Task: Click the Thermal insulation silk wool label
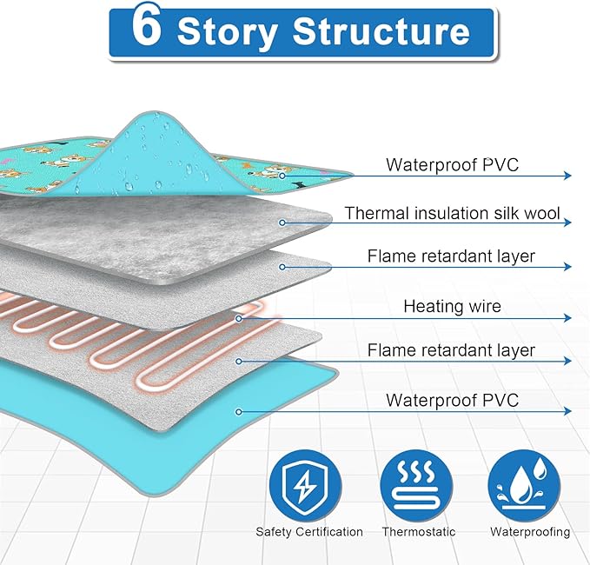[452, 213]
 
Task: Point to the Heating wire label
[452, 306]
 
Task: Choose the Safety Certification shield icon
[309, 486]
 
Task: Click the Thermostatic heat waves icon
[419, 486]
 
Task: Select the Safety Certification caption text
[309, 531]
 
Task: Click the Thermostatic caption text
[419, 531]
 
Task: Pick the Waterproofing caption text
[530, 531]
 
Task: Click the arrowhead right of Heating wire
[567, 318]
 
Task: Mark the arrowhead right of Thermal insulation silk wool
[567, 223]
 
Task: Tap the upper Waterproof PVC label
[452, 164]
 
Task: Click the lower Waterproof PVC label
[452, 400]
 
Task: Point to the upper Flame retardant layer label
[452, 256]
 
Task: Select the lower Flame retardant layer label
[452, 351]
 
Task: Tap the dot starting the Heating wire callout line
[238, 318]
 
